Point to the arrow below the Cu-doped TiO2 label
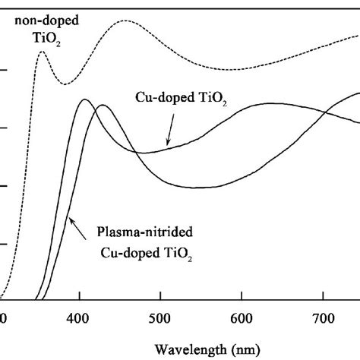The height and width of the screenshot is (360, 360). (170, 133)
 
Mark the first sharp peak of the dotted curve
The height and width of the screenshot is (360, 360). (41, 51)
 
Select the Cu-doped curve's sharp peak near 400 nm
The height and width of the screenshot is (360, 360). (84, 99)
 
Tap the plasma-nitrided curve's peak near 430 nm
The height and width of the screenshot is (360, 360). (102, 106)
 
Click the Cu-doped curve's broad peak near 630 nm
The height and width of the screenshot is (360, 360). (267, 103)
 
